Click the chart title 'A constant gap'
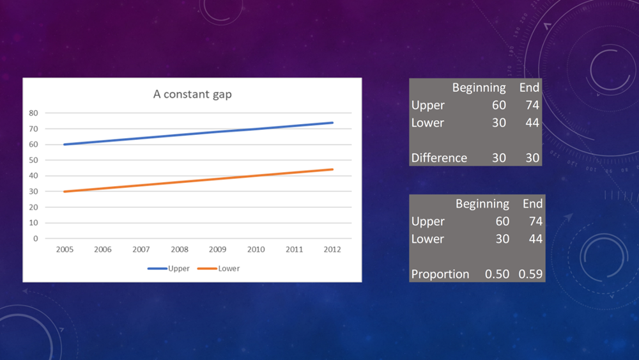192,94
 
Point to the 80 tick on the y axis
33,113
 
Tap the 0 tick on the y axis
35,239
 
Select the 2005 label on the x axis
65,249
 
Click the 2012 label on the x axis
332,249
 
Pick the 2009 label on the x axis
218,249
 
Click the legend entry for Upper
169,269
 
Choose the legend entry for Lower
219,269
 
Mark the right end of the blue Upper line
332,123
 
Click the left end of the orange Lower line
65,192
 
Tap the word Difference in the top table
439,158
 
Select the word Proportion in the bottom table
440,274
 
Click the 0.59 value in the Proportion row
530,274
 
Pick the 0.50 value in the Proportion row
497,274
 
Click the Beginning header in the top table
479,88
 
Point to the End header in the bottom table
533,203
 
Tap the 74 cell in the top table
532,106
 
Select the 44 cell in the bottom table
535,239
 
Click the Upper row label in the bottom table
428,221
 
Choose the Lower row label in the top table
427,123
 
